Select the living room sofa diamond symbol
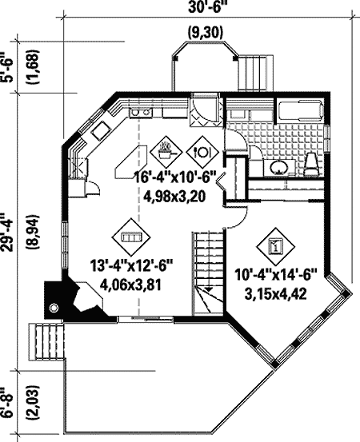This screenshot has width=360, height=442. coord(130,237)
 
